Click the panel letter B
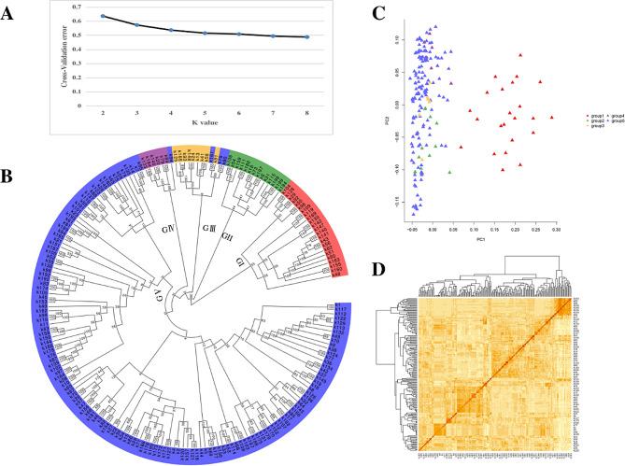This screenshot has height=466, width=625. coord(12,174)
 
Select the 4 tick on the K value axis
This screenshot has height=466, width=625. coord(171,110)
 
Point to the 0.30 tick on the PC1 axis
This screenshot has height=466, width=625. coord(556,229)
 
